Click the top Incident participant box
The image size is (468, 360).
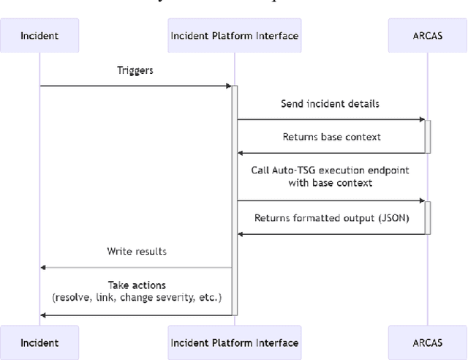click(x=40, y=35)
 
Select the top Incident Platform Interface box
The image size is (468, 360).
click(x=234, y=35)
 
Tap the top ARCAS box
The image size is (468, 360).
click(x=427, y=35)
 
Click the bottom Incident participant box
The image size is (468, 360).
click(x=40, y=342)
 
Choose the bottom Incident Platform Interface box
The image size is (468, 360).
click(x=234, y=342)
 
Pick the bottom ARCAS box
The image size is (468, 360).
click(x=427, y=342)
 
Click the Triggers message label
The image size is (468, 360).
click(x=135, y=71)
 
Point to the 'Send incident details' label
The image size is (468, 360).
click(x=330, y=104)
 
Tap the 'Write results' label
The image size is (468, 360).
click(x=137, y=251)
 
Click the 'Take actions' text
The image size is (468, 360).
click(x=137, y=285)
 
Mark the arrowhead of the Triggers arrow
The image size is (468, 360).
click(x=228, y=86)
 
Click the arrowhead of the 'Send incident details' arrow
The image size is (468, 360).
click(x=422, y=119)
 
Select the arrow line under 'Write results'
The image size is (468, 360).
click(x=137, y=267)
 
